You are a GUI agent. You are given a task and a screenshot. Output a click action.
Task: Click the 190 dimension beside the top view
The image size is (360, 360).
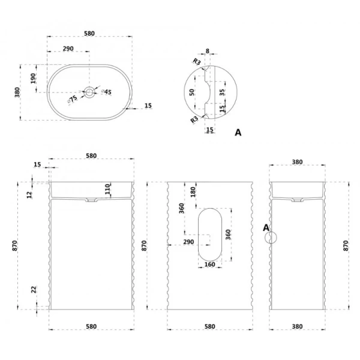[34, 78]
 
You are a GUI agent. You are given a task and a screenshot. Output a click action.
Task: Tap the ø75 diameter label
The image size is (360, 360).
[73, 100]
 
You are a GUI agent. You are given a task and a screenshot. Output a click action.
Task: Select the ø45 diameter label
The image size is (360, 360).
[107, 92]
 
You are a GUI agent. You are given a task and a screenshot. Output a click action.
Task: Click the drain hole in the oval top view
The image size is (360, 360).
[89, 92]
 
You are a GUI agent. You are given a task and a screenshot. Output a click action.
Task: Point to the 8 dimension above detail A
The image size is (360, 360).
[208, 51]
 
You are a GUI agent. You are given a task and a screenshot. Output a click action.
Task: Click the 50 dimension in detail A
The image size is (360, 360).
[192, 92]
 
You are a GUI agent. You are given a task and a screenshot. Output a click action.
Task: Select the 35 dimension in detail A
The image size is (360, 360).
[222, 92]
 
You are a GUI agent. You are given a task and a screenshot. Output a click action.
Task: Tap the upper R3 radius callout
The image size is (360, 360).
[197, 62]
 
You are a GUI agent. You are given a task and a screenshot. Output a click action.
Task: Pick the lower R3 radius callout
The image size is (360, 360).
[194, 119]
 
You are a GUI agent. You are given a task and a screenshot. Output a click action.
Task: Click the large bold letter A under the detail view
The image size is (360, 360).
[238, 133]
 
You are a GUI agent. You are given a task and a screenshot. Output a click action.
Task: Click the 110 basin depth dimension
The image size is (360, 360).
[107, 189]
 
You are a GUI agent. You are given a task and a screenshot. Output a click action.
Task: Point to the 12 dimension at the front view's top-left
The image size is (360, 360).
[29, 195]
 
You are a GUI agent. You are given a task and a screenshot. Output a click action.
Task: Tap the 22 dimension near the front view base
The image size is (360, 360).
[34, 290]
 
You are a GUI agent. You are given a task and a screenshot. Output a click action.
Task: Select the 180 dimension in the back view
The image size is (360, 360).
[193, 192]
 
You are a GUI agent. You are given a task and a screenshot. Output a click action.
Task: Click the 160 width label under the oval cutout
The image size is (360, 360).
[209, 265]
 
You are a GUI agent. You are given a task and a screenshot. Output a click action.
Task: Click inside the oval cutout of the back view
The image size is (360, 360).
[210, 235]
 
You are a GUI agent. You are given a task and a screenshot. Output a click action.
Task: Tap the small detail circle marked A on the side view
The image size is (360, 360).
[271, 238]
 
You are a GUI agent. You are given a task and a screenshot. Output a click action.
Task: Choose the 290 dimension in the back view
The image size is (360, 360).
[188, 242]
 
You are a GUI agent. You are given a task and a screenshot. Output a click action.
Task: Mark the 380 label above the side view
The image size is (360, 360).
[297, 162]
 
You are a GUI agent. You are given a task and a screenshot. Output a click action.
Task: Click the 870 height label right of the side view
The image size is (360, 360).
[346, 245]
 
